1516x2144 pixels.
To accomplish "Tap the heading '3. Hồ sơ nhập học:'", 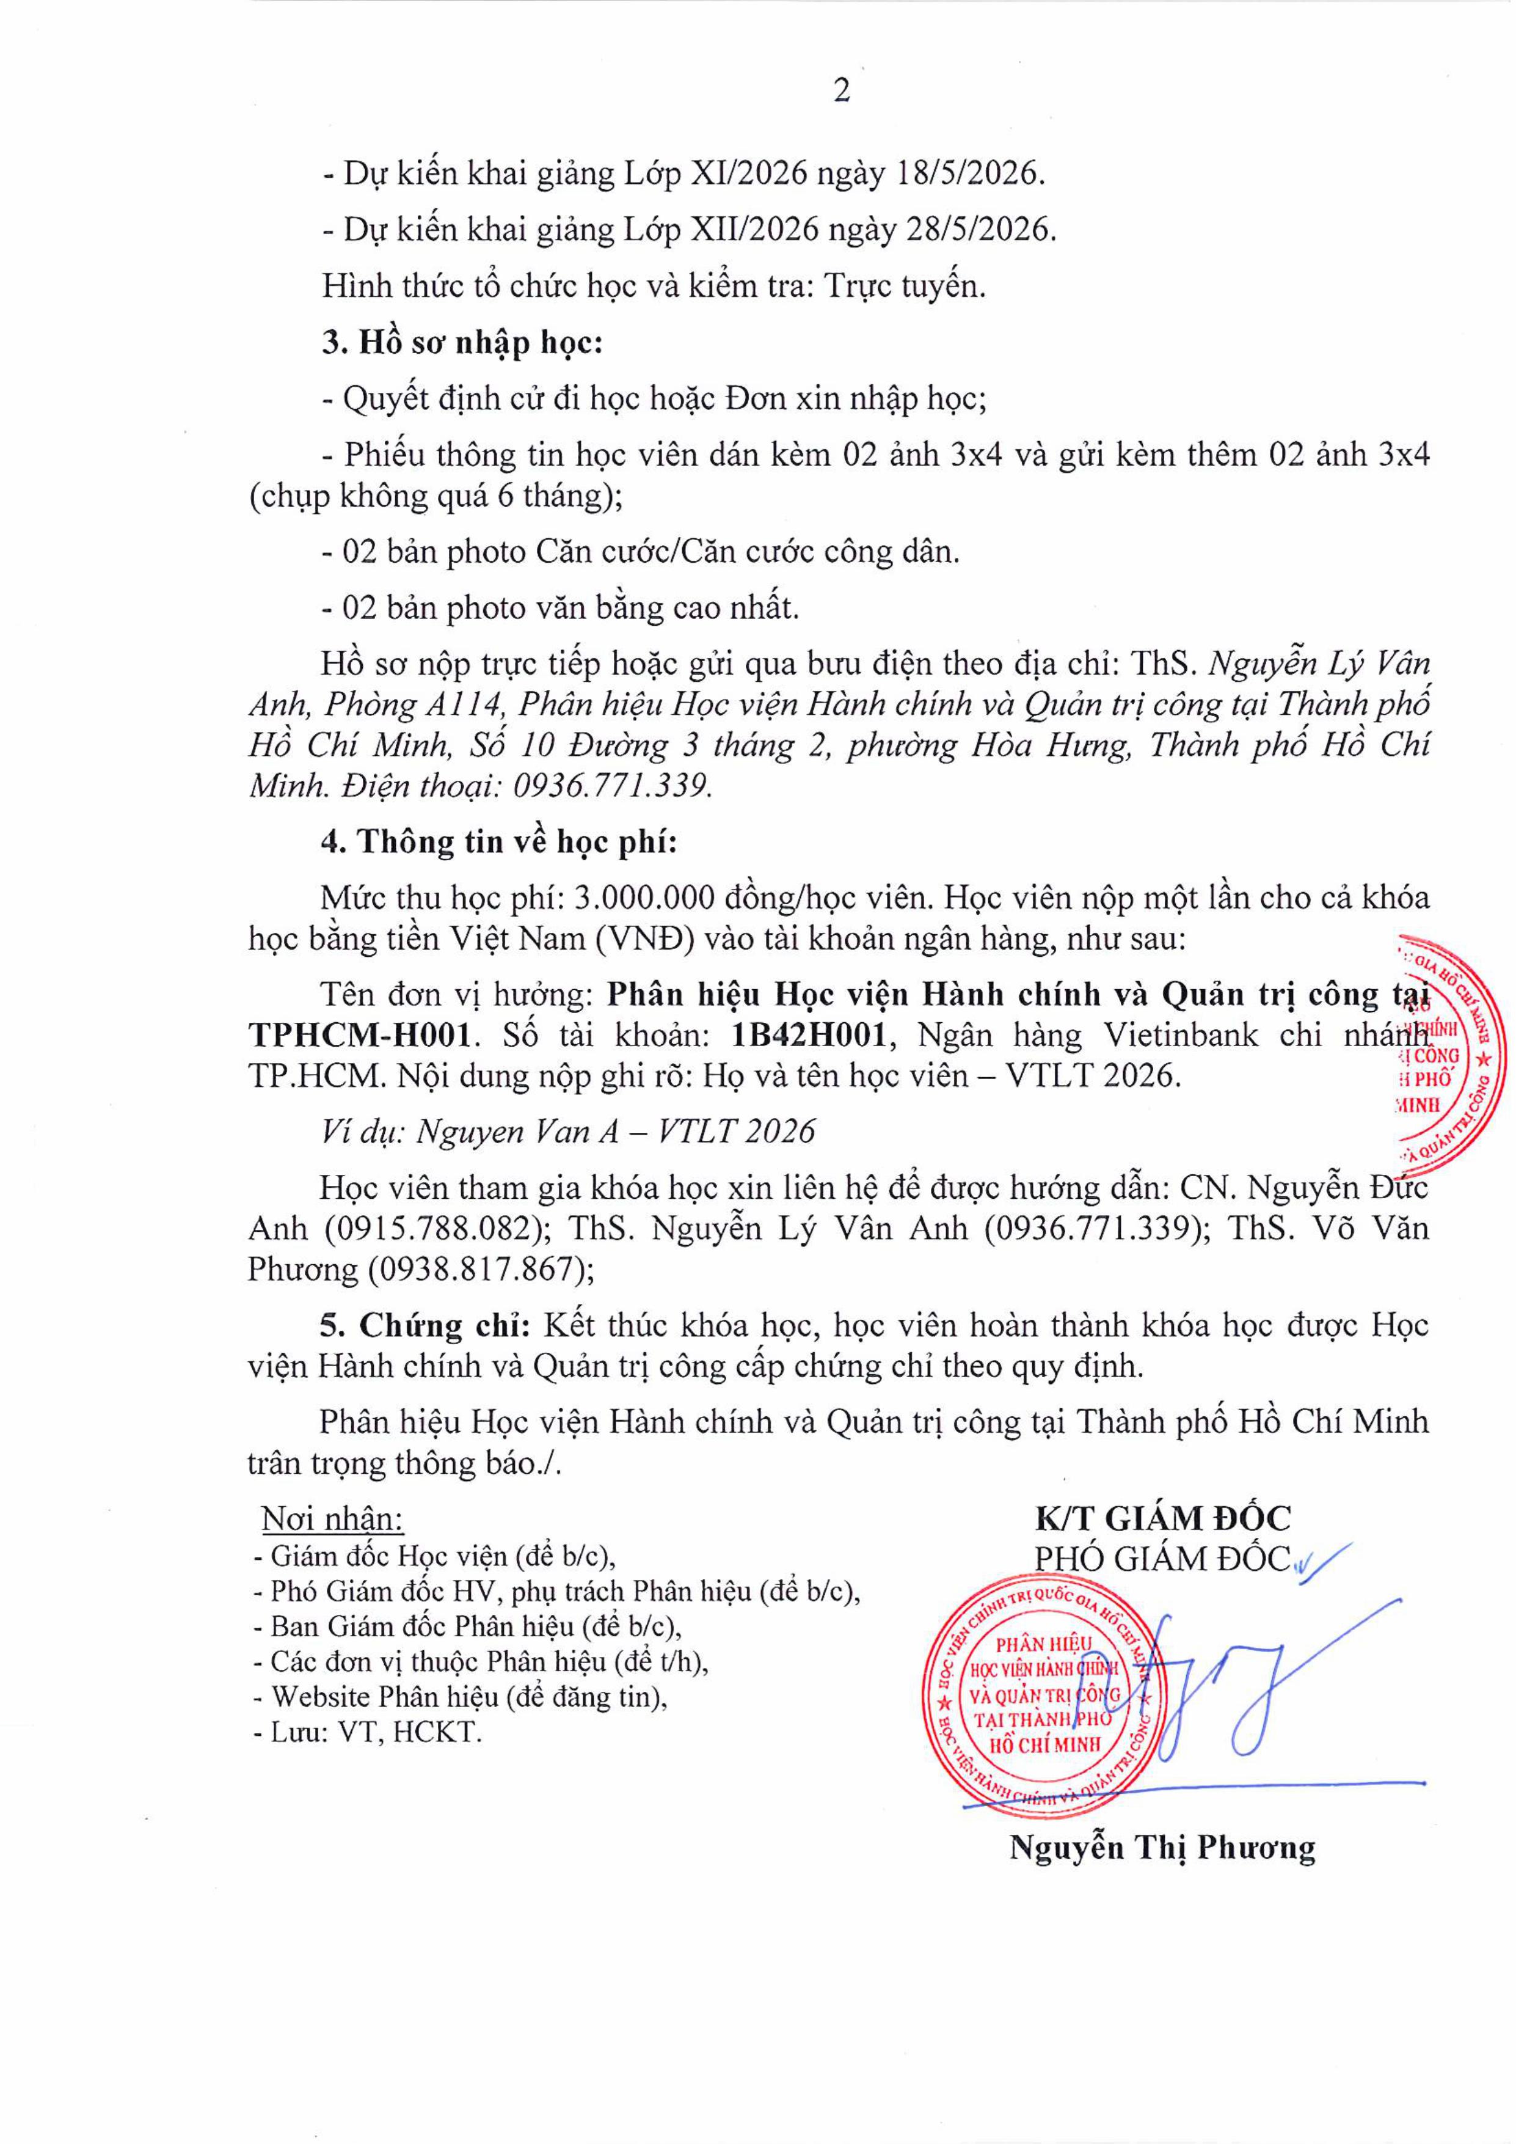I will point(462,343).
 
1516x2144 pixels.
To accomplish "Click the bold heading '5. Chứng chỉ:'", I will point(426,1325).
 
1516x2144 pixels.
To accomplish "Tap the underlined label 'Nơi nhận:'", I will point(332,1520).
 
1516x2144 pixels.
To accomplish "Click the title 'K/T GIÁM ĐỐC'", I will point(1162,1518).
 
